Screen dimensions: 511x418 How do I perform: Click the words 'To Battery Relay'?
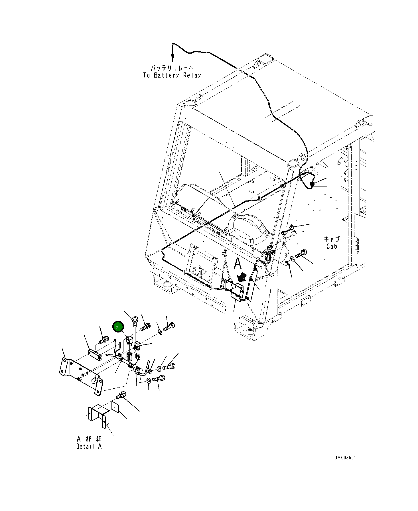172,76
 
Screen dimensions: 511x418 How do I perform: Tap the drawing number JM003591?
345,458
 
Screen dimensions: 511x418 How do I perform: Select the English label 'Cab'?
332,246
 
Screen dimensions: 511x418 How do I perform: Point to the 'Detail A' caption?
89,447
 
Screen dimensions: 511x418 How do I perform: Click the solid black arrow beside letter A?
242,277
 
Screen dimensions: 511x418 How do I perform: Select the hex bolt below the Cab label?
302,253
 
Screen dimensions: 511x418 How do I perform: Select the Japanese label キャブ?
332,239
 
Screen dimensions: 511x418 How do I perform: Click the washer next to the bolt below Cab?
293,259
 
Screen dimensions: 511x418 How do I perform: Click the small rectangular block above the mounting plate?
95,354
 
